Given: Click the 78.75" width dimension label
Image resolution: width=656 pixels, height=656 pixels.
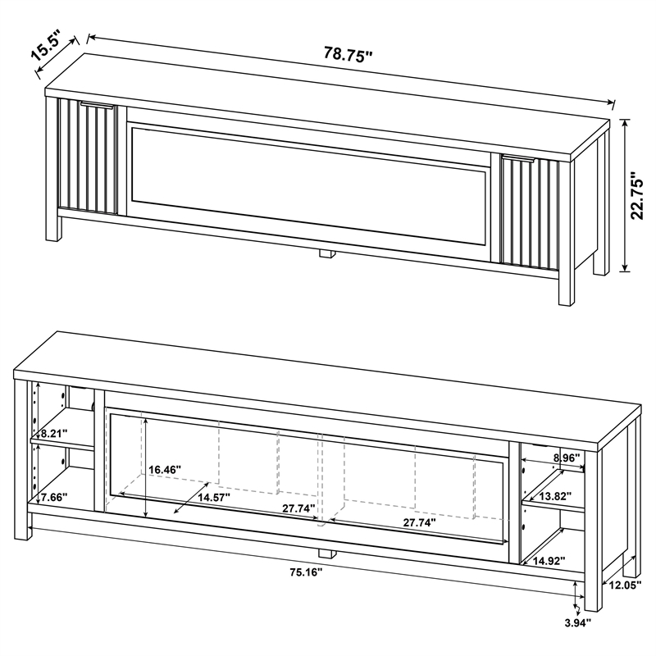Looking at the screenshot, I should [x=348, y=55].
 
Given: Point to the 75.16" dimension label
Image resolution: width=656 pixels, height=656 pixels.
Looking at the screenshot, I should [x=306, y=572].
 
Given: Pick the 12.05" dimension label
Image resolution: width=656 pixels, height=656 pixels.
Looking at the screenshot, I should [x=622, y=585].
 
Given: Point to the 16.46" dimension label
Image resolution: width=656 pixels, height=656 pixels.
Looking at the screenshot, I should [x=165, y=470].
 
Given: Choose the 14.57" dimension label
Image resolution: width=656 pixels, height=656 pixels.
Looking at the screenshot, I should [x=213, y=497].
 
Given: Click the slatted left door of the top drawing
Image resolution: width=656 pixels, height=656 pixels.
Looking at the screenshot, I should [x=86, y=157].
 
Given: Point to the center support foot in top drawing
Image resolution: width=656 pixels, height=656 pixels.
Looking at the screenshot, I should [x=327, y=255].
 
